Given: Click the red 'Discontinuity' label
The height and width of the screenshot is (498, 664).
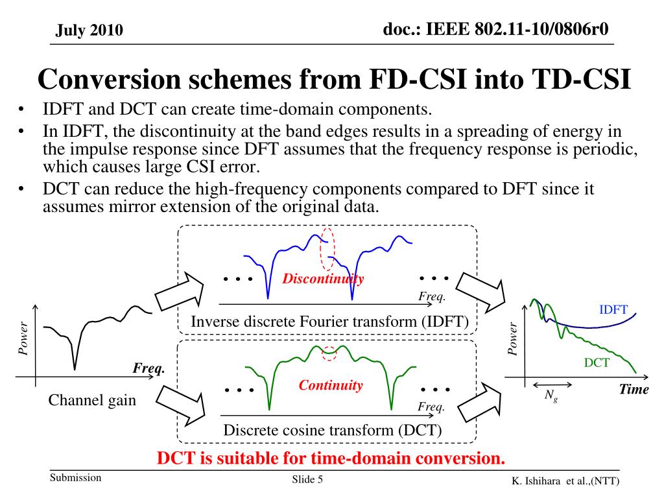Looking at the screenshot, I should tap(323, 279).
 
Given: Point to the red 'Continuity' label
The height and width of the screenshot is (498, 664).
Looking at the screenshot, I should tap(331, 385).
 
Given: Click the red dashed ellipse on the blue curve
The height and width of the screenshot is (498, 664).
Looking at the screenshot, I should tap(328, 249).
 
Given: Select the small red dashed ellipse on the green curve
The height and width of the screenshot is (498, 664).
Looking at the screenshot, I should tap(330, 353).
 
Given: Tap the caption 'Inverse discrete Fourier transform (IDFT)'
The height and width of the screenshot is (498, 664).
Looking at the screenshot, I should tap(329, 322).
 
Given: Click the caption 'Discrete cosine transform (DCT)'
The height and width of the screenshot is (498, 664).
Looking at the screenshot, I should tap(332, 430).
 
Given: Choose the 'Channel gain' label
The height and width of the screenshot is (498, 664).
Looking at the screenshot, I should tap(93, 399).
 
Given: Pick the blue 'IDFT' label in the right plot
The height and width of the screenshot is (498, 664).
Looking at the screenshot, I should tap(613, 309).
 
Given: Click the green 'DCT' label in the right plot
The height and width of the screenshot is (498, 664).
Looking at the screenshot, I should tap(597, 362).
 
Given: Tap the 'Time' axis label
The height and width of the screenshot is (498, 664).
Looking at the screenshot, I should tap(634, 389).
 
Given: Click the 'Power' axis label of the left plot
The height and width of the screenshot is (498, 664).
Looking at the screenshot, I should tap(23, 338).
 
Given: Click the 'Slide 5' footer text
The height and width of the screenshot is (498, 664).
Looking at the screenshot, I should tap(307, 479).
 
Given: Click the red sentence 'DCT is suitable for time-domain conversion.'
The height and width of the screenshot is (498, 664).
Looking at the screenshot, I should tap(331, 458).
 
